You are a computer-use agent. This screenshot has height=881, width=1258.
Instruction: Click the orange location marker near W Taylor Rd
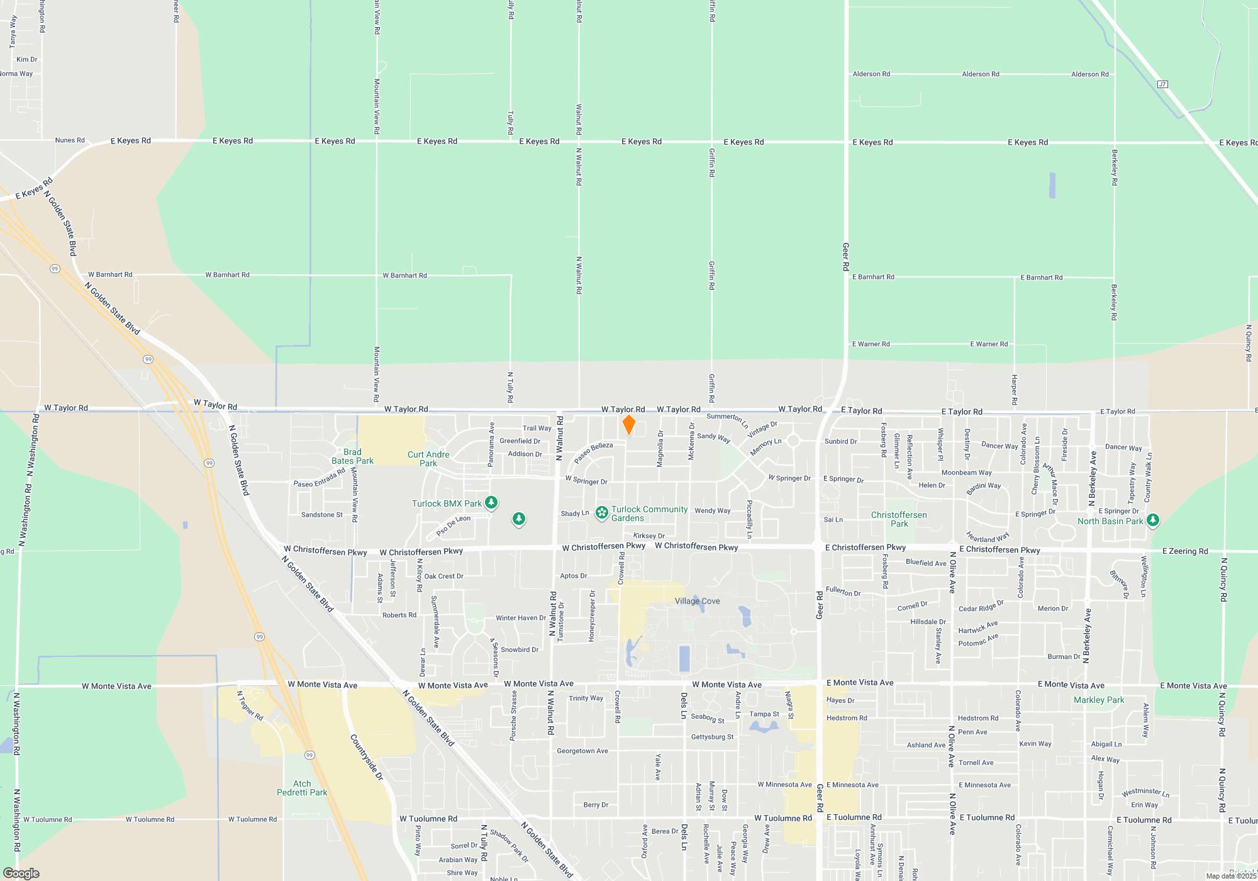point(628,425)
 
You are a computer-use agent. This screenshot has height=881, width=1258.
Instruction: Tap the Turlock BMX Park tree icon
point(491,502)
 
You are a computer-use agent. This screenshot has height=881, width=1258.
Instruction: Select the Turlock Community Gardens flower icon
point(602,513)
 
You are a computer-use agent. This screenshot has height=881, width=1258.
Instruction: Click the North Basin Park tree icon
point(1153,520)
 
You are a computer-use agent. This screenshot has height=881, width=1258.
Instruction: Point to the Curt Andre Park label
point(428,459)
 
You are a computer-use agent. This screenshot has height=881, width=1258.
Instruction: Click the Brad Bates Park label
point(352,456)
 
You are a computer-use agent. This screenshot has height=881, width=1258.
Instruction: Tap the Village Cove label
point(697,601)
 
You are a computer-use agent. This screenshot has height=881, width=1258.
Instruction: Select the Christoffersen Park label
point(899,519)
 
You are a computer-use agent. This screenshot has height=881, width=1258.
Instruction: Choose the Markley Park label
point(1099,700)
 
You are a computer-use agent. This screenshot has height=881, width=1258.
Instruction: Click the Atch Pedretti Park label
point(302,788)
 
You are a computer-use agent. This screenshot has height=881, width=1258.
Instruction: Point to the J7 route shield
point(1162,84)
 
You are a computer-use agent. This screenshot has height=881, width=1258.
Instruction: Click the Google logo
point(21,873)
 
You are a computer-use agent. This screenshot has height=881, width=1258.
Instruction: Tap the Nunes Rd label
point(70,140)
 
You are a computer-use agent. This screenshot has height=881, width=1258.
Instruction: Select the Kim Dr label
point(27,60)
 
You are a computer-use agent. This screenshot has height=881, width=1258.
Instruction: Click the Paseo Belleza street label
point(593,452)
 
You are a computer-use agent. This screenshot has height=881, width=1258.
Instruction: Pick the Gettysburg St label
point(712,737)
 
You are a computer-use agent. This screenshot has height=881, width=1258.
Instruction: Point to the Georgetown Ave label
point(582,751)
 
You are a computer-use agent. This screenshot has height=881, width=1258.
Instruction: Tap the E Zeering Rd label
point(1185,551)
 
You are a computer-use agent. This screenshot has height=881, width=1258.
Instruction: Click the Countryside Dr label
point(367,757)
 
